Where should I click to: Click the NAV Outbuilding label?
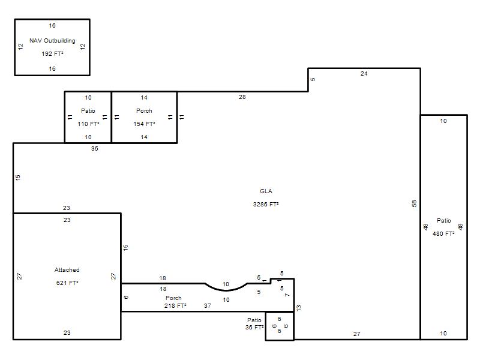tap(52, 40)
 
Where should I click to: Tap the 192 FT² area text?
tap(52, 53)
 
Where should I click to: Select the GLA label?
tap(266, 191)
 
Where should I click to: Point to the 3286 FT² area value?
tap(266, 204)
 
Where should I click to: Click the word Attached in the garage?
tap(67, 269)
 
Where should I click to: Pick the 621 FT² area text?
tap(67, 283)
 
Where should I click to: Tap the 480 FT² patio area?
tap(443, 233)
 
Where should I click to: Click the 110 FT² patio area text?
tap(88, 124)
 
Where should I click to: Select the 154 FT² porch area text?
tap(144, 124)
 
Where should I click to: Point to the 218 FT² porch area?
tap(175, 305)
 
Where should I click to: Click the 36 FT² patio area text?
tap(254, 327)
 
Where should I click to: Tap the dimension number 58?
tap(414, 203)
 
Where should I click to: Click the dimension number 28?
tap(242, 97)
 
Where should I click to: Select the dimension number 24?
tap(364, 73)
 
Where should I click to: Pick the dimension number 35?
tap(95, 148)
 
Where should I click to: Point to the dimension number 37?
tap(207, 305)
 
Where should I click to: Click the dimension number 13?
tap(299, 308)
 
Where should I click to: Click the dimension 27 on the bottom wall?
tap(356, 334)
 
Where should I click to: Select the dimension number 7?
tap(287, 295)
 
